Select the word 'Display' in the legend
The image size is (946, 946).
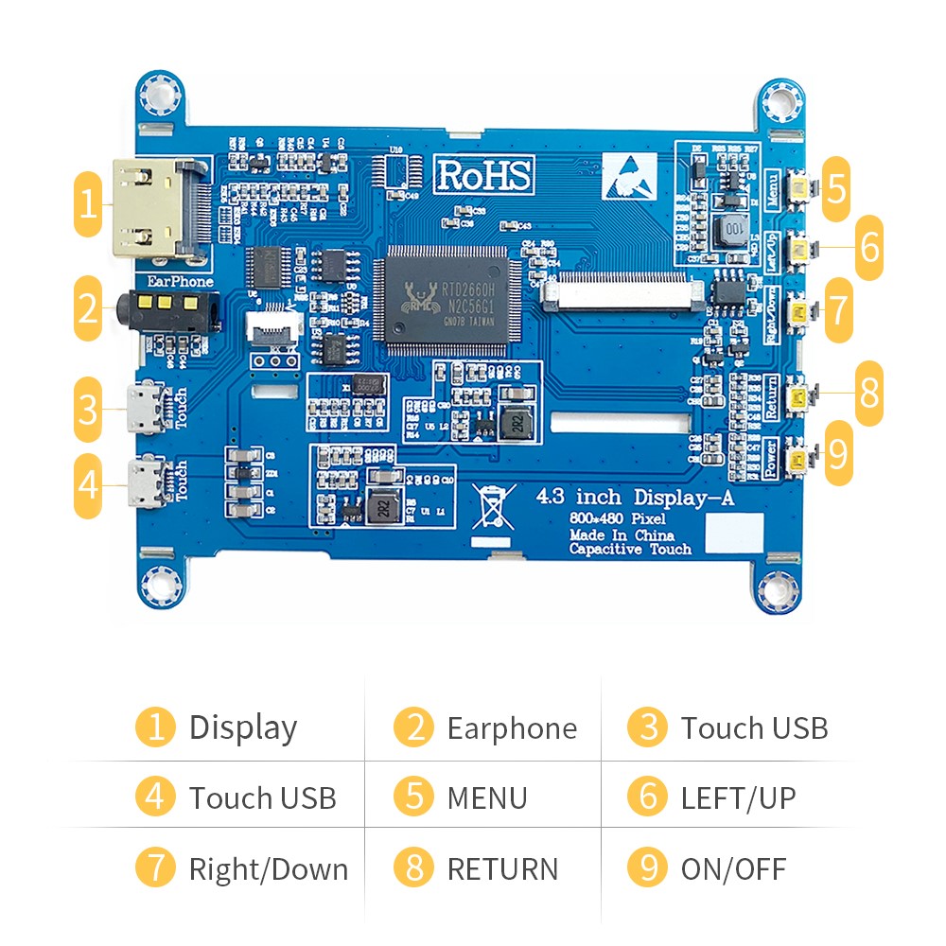pos(243,727)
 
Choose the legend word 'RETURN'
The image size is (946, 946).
pos(502,868)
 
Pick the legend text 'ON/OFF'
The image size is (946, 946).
pos(733,868)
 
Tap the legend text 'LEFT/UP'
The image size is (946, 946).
pos(738,797)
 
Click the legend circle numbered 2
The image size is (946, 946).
pos(414,727)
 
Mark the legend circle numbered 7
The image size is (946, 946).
pos(156,868)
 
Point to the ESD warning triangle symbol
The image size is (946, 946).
pos(629,174)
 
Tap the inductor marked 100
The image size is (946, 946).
pos(734,230)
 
